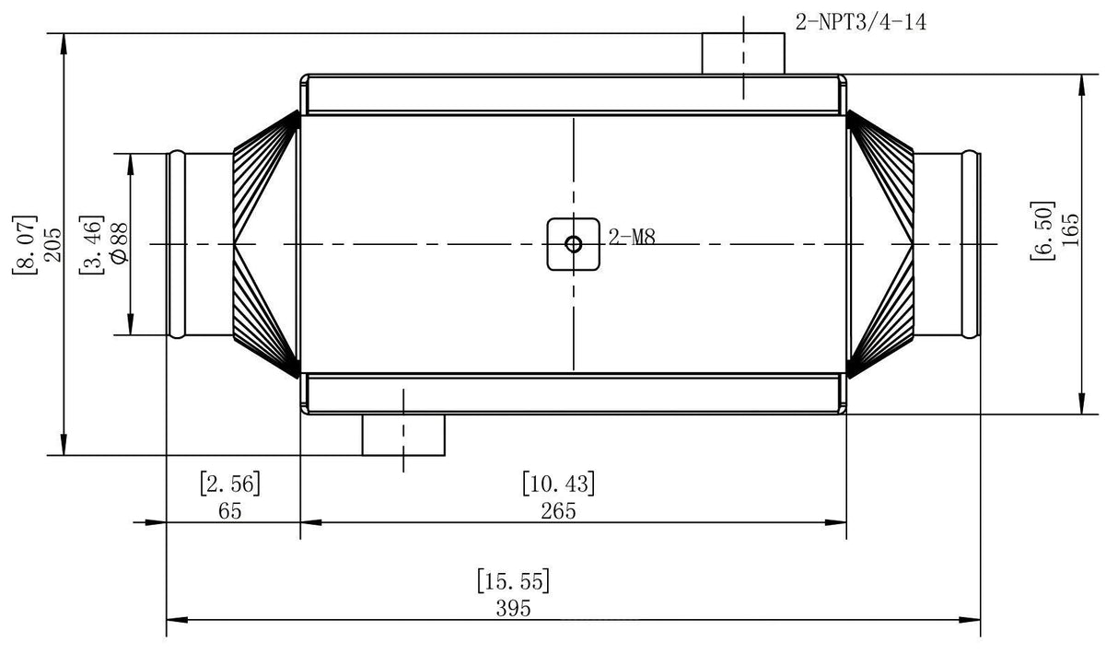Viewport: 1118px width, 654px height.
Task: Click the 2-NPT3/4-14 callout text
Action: click(860, 21)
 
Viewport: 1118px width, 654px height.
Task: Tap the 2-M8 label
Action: click(632, 238)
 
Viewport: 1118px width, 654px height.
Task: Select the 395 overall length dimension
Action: click(514, 608)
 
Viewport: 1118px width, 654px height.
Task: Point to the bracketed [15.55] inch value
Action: click(514, 581)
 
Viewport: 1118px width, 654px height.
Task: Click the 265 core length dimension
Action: click(558, 511)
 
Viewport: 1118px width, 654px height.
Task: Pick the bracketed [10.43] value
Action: click(558, 483)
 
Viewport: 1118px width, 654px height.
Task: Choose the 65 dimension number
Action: click(230, 511)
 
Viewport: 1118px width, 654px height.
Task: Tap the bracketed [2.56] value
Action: click(230, 483)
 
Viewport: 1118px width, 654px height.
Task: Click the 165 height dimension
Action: click(1069, 230)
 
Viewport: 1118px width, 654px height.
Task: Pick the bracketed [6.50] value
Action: click(1042, 230)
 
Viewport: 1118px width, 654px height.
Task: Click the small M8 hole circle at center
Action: click(574, 244)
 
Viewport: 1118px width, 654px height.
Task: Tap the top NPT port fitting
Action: click(743, 53)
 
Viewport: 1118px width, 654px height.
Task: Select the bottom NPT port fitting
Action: click(403, 435)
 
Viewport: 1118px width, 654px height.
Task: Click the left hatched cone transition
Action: click(266, 244)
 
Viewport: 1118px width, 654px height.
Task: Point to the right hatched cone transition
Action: click(879, 244)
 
